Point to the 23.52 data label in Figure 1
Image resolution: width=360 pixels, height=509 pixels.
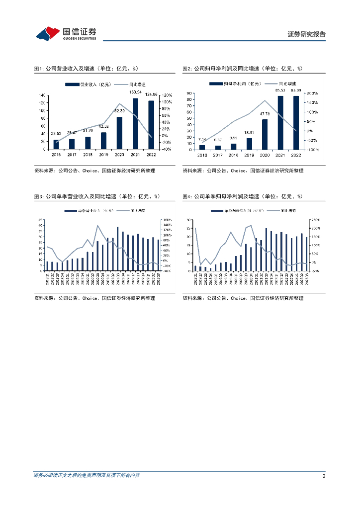click(x=56, y=134)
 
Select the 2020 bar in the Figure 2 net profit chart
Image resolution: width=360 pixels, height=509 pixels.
click(x=265, y=134)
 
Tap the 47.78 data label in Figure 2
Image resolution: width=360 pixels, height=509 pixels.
click(x=265, y=114)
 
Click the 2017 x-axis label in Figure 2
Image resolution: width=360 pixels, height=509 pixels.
click(x=217, y=155)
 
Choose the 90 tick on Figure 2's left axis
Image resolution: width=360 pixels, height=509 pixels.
click(x=189, y=93)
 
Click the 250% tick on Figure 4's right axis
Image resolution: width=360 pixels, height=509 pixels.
click(x=315, y=220)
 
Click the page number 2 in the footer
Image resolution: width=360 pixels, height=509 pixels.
click(x=324, y=476)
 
